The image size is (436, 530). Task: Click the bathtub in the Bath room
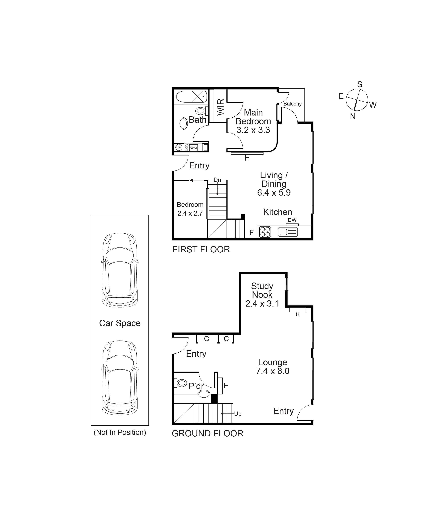[x=191, y=97]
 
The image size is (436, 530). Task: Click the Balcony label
[x=292, y=104]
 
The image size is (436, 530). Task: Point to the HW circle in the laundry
[x=179, y=148]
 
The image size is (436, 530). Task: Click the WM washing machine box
[x=193, y=148]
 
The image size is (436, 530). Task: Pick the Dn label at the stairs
[x=217, y=180]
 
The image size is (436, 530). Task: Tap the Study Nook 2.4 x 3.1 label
[x=262, y=295]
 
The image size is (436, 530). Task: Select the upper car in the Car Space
[x=120, y=270]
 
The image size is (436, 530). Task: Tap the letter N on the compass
[x=353, y=116]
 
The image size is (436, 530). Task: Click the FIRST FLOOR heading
[x=201, y=249]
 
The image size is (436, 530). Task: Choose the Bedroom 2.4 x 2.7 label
[x=190, y=209]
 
